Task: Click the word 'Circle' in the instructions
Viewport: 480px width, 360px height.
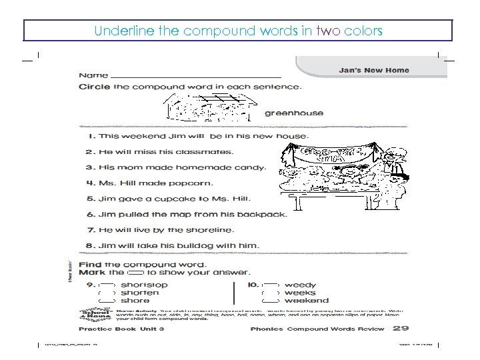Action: point(95,86)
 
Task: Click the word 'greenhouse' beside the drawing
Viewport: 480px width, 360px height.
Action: point(294,113)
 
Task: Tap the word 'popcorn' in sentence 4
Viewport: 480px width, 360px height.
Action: point(190,183)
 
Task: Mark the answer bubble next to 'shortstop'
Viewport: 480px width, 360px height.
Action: point(107,285)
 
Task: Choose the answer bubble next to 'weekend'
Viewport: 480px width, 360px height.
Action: point(271,301)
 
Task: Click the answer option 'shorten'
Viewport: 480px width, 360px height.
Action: point(140,293)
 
